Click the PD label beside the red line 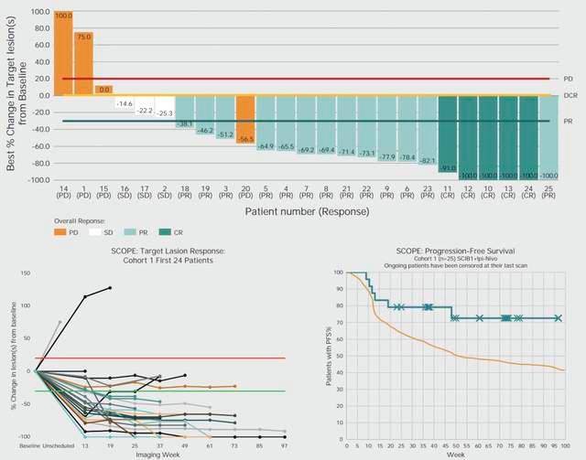pyautogui.click(x=568, y=79)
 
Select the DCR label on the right pyautogui.click(x=569, y=95)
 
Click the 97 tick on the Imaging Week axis pyautogui.click(x=285, y=445)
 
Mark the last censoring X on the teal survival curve pyautogui.click(x=558, y=318)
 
